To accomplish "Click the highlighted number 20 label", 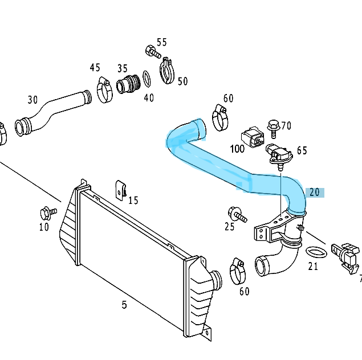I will click(x=315, y=193).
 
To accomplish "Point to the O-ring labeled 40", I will click(x=146, y=77).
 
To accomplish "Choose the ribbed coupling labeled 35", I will click(x=128, y=85).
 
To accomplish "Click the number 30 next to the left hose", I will click(x=32, y=100).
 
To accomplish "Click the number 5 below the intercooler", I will click(x=124, y=305).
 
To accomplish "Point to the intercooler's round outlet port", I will click(x=215, y=280).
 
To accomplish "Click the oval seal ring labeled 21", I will click(x=315, y=251).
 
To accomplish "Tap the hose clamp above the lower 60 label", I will click(x=238, y=270).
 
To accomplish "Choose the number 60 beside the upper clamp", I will click(x=228, y=99).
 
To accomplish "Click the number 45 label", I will click(x=95, y=68).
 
